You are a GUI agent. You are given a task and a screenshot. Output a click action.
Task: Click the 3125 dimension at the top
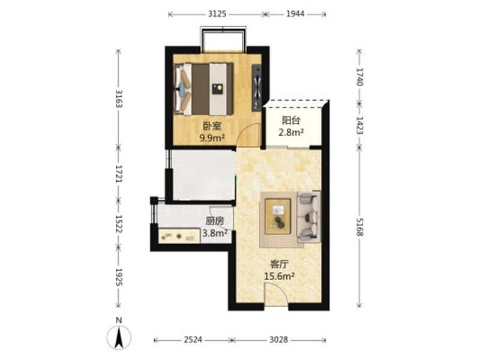click(x=217, y=14)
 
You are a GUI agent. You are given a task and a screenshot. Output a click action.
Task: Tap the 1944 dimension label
click(x=295, y=14)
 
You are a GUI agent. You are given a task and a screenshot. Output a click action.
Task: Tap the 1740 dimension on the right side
click(x=359, y=77)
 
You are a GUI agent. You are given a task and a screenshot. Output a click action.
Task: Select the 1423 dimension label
click(x=359, y=125)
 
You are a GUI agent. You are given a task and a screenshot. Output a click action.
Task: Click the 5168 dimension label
click(x=359, y=227)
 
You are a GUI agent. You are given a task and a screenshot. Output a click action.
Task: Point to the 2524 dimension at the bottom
click(x=193, y=340)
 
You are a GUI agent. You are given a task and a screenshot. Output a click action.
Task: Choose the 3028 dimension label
click(x=279, y=340)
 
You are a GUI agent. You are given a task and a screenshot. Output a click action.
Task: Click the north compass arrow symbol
click(x=119, y=337)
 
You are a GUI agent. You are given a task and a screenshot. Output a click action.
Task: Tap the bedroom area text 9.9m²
click(x=212, y=138)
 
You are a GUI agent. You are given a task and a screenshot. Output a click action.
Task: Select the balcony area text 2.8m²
click(x=291, y=133)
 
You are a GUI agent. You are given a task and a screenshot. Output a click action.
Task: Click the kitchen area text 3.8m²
click(x=215, y=233)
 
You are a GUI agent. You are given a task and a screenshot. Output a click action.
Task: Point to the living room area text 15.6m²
click(x=280, y=277)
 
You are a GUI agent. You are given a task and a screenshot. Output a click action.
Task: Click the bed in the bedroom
click(x=203, y=89)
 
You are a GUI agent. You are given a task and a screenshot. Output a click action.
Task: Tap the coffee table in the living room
click(x=278, y=217)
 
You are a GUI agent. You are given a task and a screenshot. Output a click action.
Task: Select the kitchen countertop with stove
click(x=179, y=236)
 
